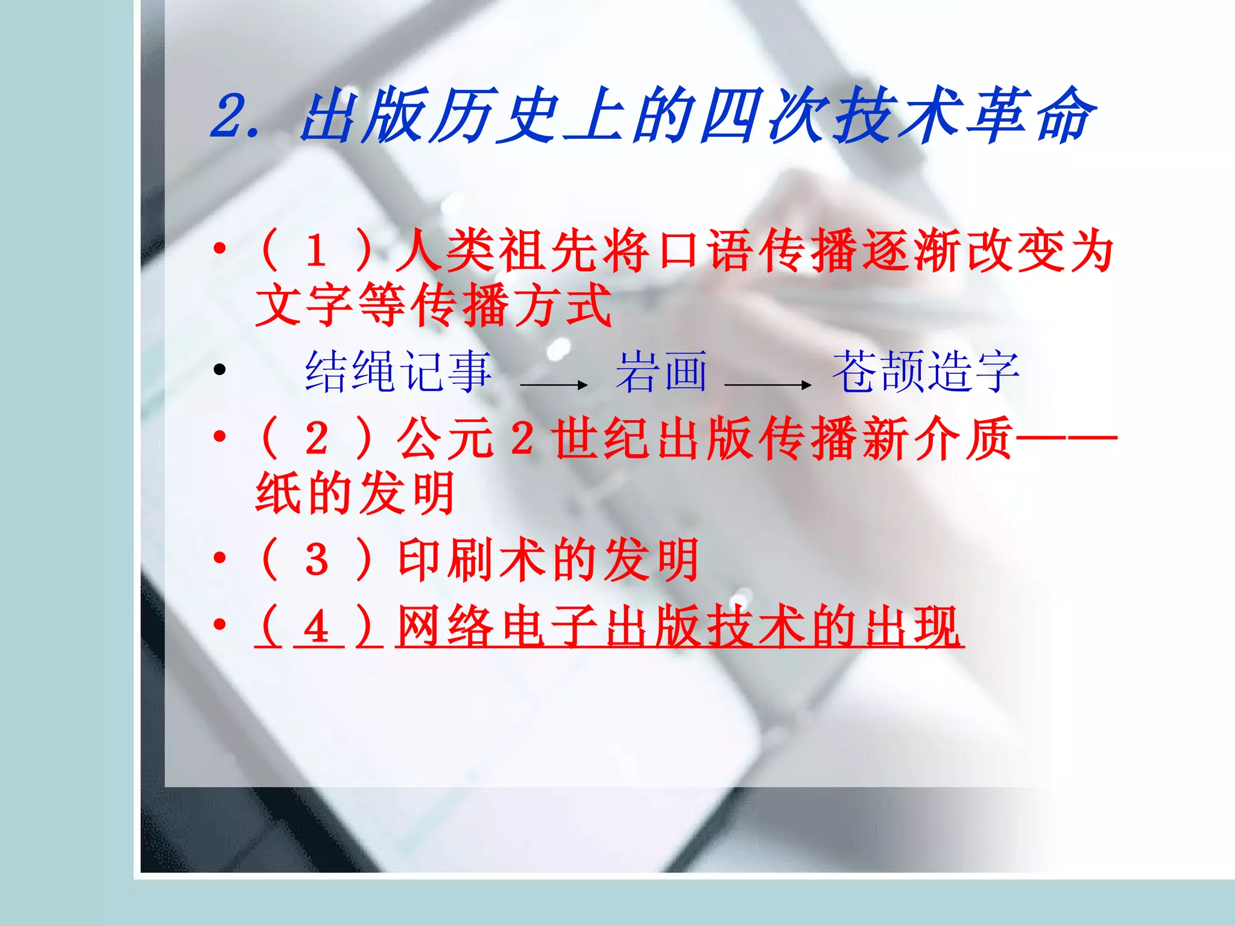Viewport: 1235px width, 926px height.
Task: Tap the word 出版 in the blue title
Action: (365, 116)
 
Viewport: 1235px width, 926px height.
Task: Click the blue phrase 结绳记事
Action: (398, 372)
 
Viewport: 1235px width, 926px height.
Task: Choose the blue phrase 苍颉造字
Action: (926, 372)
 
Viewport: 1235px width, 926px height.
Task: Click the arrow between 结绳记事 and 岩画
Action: (554, 385)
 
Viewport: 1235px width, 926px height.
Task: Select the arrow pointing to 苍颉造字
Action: (768, 385)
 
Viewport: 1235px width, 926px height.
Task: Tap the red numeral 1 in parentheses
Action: (316, 251)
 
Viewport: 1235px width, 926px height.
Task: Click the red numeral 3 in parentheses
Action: (316, 560)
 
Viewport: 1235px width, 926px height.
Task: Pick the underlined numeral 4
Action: (316, 627)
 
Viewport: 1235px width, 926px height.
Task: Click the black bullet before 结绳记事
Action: (220, 369)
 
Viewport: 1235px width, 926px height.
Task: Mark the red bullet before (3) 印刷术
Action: (220, 558)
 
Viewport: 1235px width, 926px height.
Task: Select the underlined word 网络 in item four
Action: (446, 627)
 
